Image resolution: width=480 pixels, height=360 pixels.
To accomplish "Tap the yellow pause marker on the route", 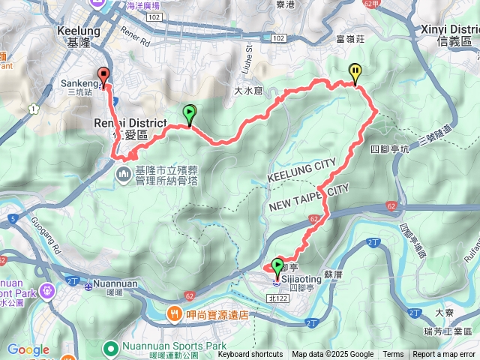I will [355, 72].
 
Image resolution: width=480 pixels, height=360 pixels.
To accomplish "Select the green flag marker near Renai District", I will [189, 113].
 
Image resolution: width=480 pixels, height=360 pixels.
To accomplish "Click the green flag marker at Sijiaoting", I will [278, 266].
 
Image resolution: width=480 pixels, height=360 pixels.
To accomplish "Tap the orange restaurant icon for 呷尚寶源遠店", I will [172, 313].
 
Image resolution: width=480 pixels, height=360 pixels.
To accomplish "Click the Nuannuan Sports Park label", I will [169, 346].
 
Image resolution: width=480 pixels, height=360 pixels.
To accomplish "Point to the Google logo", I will [28, 350].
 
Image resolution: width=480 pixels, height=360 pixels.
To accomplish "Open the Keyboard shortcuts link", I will [250, 355].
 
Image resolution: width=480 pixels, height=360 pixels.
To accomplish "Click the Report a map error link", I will [445, 355].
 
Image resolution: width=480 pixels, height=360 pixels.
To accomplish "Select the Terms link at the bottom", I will [393, 355].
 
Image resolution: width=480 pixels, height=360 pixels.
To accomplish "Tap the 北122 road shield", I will [276, 298].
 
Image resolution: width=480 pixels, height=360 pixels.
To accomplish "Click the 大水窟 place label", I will [249, 91].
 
